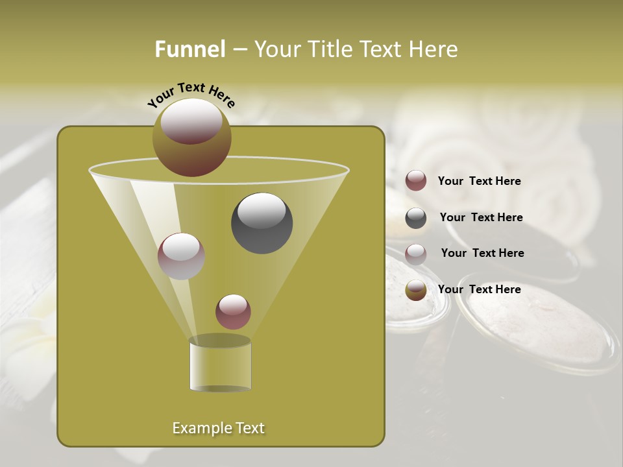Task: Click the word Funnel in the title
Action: coord(189,49)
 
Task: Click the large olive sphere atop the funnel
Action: coord(191,137)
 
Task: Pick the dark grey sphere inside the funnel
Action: coord(262,222)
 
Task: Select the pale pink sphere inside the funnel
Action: coord(181,256)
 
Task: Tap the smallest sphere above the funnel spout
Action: coord(233,311)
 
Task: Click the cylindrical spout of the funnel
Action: coord(220,365)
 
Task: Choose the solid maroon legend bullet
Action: coord(416,181)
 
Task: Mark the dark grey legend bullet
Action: coord(416,218)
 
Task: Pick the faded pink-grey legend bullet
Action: coord(416,254)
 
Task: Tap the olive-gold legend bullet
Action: coord(416,290)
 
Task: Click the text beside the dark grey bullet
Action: coord(481,217)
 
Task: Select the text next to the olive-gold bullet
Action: coord(479,289)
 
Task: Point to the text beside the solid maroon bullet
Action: coord(479,181)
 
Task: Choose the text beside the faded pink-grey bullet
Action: coord(482,253)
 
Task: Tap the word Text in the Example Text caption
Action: coord(248,428)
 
